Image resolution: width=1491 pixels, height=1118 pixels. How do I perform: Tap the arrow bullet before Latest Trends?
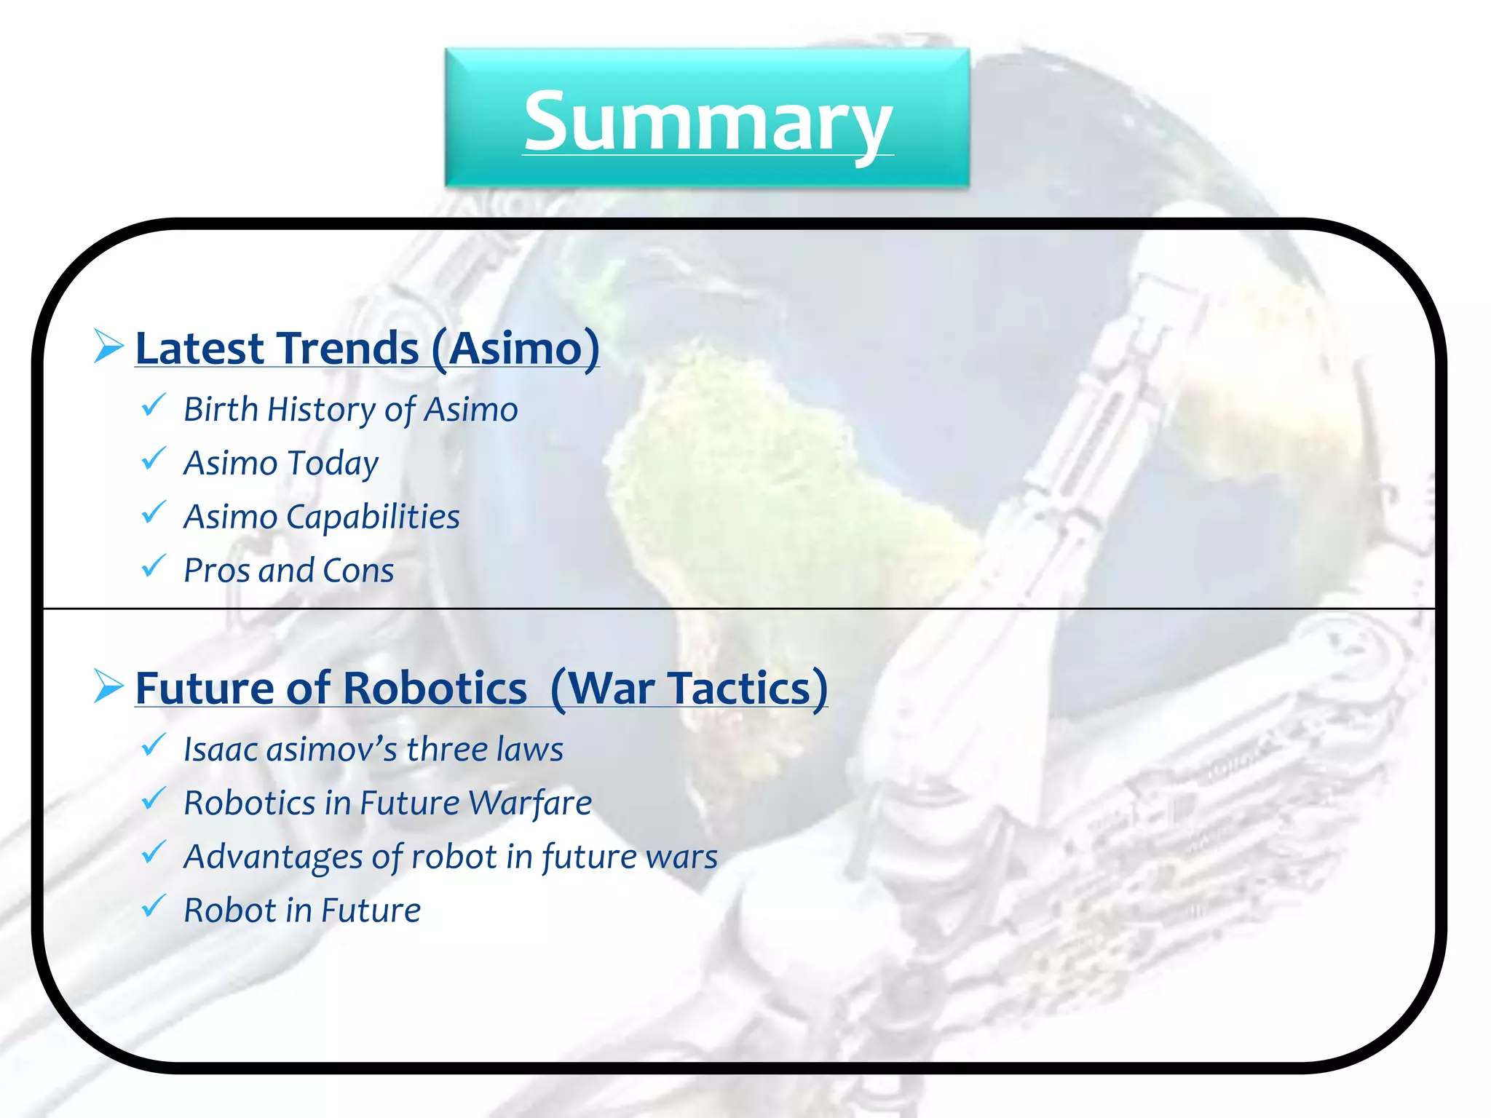click(108, 346)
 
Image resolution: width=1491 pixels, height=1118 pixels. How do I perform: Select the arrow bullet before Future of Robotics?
click(108, 686)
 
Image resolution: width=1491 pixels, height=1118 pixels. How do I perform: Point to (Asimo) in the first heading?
click(515, 349)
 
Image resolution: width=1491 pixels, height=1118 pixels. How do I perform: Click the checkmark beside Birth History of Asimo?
click(154, 405)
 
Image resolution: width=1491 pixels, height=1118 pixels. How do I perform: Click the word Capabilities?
click(373, 518)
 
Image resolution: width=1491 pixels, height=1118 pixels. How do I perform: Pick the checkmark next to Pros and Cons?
click(154, 566)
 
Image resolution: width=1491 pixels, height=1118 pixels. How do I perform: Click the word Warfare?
click(530, 804)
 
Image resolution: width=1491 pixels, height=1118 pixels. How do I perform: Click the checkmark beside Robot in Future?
click(154, 905)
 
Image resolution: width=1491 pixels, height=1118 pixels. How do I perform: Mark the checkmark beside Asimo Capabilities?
click(154, 512)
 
